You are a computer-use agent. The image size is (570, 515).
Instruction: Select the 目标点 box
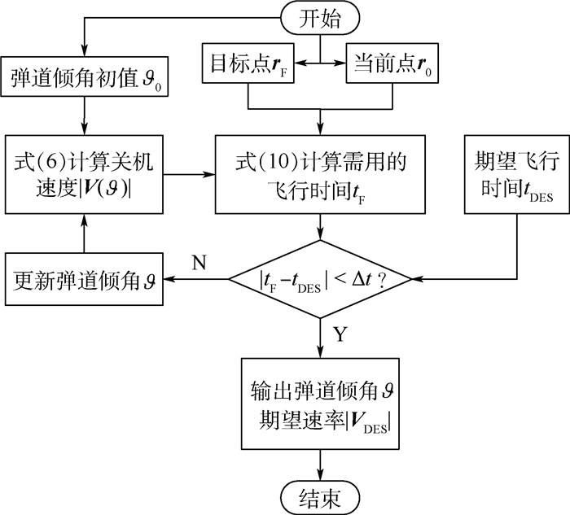point(248,65)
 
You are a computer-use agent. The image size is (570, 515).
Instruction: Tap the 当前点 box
point(394,65)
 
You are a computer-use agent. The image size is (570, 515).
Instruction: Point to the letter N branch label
point(198,261)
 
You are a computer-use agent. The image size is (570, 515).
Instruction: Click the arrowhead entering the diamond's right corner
point(420,279)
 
